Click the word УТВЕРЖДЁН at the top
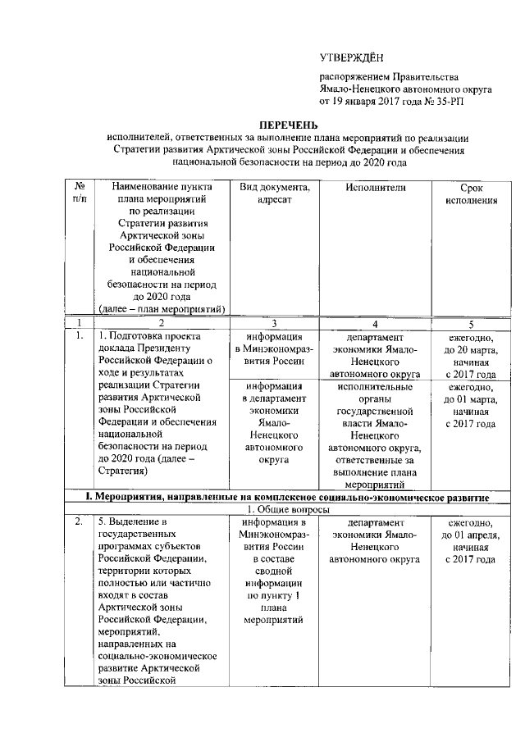pos(350,57)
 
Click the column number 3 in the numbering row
pos(274,323)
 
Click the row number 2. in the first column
pos(79,522)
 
